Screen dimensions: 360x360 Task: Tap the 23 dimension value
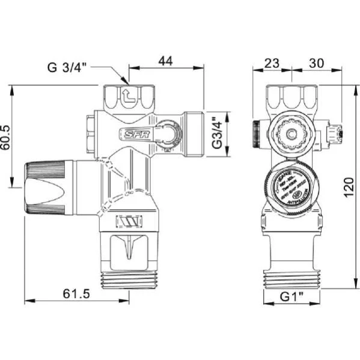[272, 62]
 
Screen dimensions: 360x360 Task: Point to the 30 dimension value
[316, 62]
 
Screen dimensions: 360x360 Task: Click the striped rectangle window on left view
[129, 222]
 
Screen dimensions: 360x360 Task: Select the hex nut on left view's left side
[91, 131]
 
